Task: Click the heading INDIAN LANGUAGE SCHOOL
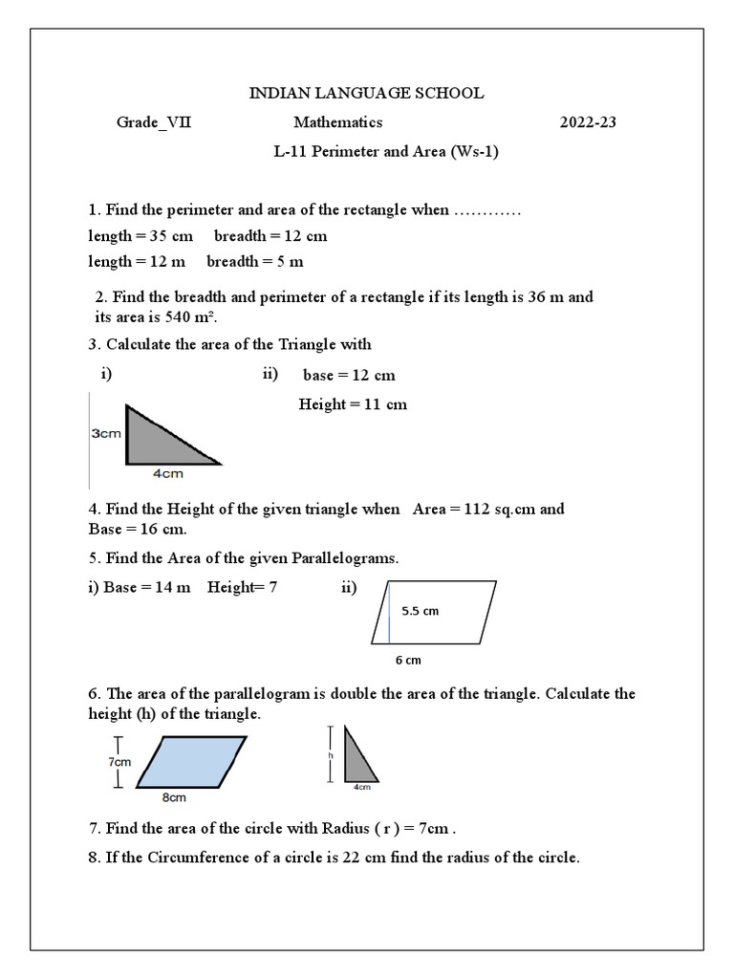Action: tap(366, 93)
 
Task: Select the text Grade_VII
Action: tap(153, 122)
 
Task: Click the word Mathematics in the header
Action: tap(337, 122)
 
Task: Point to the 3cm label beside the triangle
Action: tap(106, 433)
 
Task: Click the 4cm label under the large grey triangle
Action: tap(168, 472)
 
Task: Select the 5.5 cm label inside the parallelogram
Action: tap(420, 611)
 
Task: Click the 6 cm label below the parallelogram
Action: tap(408, 661)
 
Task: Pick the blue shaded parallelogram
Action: tap(191, 761)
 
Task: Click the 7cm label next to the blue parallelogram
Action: tap(119, 762)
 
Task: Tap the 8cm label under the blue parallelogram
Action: tap(173, 796)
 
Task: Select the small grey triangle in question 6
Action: tap(356, 760)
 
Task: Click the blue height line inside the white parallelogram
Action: tap(389, 612)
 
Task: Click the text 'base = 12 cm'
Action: tap(349, 375)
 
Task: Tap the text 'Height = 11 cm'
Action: tap(353, 404)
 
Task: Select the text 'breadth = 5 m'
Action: tap(254, 261)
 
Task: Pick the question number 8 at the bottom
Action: tap(91, 858)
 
